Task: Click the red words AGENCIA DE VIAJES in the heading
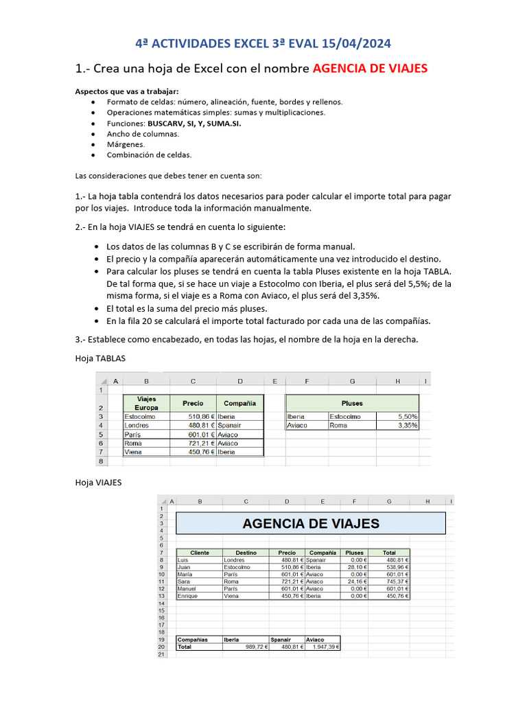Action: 370,68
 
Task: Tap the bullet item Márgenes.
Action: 126,144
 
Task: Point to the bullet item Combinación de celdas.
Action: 149,154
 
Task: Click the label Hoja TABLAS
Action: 100,358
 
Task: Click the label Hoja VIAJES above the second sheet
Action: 98,482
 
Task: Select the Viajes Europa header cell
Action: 147,403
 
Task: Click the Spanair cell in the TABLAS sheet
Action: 231,425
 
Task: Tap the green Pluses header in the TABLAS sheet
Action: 352,403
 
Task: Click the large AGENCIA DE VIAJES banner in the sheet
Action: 311,524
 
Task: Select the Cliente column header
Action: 200,552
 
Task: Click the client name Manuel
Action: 187,588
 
